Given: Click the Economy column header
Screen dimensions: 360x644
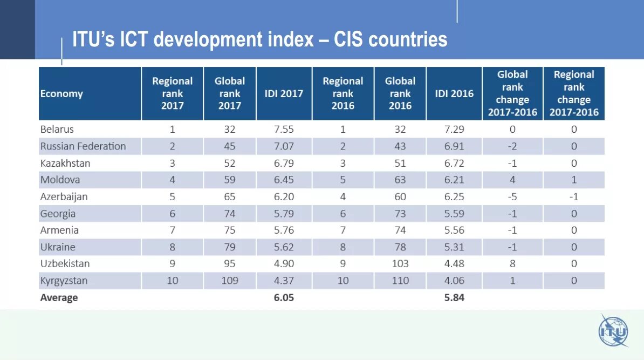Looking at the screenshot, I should (61, 93).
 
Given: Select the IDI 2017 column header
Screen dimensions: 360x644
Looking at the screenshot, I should (284, 93).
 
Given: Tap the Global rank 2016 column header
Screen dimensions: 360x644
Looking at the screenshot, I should (400, 93).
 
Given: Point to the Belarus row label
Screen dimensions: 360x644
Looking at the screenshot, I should (57, 130).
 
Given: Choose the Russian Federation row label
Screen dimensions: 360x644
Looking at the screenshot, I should (83, 146).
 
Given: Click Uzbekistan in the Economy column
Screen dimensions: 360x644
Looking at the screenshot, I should (65, 264).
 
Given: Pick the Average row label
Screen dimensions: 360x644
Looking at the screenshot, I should (59, 298).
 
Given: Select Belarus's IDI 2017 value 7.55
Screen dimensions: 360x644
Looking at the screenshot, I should (284, 130).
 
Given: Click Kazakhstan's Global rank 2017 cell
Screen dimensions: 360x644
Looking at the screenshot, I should (230, 163).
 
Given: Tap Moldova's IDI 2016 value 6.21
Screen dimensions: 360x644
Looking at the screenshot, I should (454, 180).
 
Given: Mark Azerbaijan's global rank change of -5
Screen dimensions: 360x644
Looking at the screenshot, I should (512, 196).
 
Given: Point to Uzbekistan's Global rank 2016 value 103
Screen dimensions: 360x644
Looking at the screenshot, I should (400, 264).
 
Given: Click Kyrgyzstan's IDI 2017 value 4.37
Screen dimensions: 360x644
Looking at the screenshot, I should (284, 281).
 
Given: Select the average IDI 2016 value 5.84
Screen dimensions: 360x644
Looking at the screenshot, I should (454, 298).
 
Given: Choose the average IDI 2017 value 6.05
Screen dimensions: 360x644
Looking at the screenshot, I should (284, 298).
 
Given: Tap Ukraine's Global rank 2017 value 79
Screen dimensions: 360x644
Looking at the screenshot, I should (230, 247).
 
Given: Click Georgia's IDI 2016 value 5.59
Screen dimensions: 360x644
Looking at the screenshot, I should (454, 214).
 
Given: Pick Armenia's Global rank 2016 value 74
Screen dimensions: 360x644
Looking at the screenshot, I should (400, 230).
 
